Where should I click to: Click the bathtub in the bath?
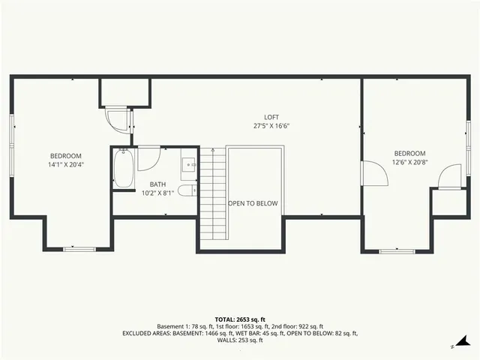click(x=124, y=169)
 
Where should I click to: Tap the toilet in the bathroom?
click(x=187, y=190)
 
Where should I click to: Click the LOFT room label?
click(x=271, y=117)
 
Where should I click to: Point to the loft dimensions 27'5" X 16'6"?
click(x=271, y=126)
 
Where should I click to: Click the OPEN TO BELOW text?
click(x=253, y=203)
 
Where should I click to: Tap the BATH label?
click(x=157, y=184)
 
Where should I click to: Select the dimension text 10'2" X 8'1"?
click(x=157, y=193)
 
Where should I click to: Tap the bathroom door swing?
click(x=148, y=158)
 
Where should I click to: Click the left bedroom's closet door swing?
click(x=118, y=121)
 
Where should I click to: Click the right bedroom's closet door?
click(x=450, y=177)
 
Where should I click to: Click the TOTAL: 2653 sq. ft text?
click(x=240, y=319)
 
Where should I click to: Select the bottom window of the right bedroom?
click(x=397, y=250)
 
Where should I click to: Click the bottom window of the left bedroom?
click(x=79, y=248)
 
